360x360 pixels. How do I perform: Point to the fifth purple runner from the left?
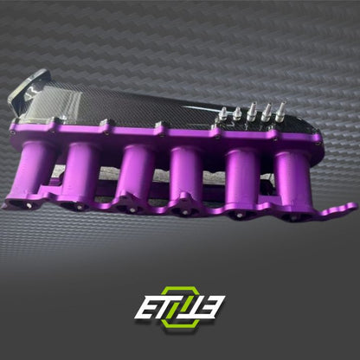click(x=243, y=178)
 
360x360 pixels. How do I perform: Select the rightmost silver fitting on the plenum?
click(x=280, y=109)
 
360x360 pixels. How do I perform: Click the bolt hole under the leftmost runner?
click(x=27, y=202)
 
